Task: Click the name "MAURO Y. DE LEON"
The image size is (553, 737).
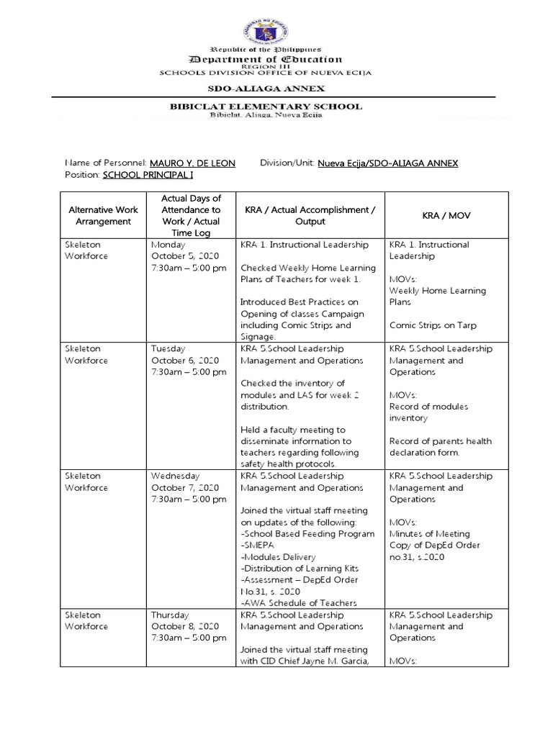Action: tap(192, 163)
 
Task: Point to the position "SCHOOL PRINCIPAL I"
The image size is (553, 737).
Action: tap(148, 175)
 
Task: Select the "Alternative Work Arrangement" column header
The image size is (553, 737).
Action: tap(103, 215)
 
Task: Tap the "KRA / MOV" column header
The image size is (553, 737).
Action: tap(446, 215)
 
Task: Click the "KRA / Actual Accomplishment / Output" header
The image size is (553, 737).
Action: tap(310, 215)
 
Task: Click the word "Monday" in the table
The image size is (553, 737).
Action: tap(168, 245)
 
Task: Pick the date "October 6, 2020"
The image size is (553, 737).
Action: tap(184, 361)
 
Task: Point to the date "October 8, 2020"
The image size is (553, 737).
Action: tap(184, 627)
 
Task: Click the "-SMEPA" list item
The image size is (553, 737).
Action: tap(258, 546)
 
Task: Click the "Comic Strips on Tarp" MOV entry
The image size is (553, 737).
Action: tap(433, 325)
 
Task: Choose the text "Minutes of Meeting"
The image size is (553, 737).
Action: tap(429, 534)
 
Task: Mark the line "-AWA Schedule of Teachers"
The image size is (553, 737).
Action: tap(299, 603)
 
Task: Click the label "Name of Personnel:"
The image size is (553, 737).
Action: tap(105, 163)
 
